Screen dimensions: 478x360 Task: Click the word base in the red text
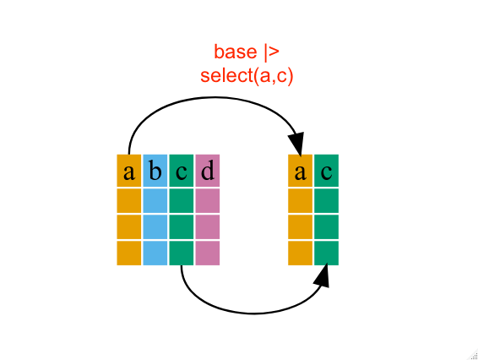(236, 52)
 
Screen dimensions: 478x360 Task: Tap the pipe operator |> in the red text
(272, 52)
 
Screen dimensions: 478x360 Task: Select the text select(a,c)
(247, 76)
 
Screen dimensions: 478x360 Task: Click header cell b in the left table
(155, 171)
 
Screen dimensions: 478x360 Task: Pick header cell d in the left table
(207, 171)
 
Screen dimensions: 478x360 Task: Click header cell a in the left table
(129, 171)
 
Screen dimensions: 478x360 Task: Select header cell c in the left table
(182, 171)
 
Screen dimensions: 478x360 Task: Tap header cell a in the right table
(301, 171)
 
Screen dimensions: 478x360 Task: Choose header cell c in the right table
(326, 171)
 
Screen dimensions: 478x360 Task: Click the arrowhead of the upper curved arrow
(296, 144)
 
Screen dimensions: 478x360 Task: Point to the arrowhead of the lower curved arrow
(323, 275)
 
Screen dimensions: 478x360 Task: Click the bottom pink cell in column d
(207, 254)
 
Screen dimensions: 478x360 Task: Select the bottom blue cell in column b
(155, 254)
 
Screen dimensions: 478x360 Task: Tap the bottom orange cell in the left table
(129, 254)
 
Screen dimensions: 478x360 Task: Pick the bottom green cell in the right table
(326, 254)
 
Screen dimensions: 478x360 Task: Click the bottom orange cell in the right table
(301, 254)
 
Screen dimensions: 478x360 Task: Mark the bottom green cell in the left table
(182, 254)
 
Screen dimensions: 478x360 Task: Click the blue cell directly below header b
(155, 201)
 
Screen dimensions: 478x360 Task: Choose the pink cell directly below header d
(207, 201)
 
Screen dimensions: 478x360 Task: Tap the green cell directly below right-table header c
(326, 201)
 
